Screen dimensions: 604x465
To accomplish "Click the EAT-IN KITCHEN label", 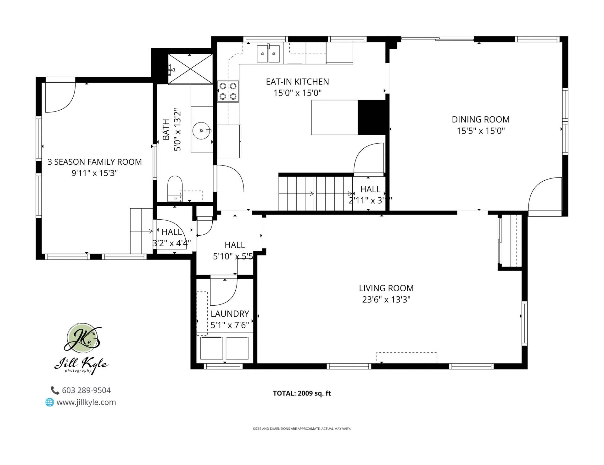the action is click(x=297, y=82).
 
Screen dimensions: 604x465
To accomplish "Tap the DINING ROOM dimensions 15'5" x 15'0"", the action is click(x=480, y=131).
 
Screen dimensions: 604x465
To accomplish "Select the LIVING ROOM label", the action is click(x=386, y=288).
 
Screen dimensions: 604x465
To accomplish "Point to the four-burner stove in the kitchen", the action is click(x=228, y=91).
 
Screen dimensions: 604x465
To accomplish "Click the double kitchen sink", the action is click(x=268, y=54).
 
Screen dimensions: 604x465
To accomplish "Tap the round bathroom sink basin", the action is click(x=201, y=131).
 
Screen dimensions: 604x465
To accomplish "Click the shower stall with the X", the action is click(x=190, y=69).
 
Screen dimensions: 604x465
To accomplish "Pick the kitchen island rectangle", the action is click(x=334, y=118).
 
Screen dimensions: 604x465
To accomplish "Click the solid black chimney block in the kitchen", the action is click(x=372, y=118).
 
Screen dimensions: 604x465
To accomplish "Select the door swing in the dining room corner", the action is click(x=546, y=195).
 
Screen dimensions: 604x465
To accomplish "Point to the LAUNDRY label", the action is click(x=230, y=314).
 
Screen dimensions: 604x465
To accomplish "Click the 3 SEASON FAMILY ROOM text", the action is click(x=94, y=162).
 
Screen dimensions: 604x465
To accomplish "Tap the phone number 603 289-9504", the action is click(x=86, y=390).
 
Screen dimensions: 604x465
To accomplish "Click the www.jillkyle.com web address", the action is click(x=86, y=402).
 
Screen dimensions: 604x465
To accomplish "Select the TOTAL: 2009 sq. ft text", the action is click(x=302, y=393).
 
